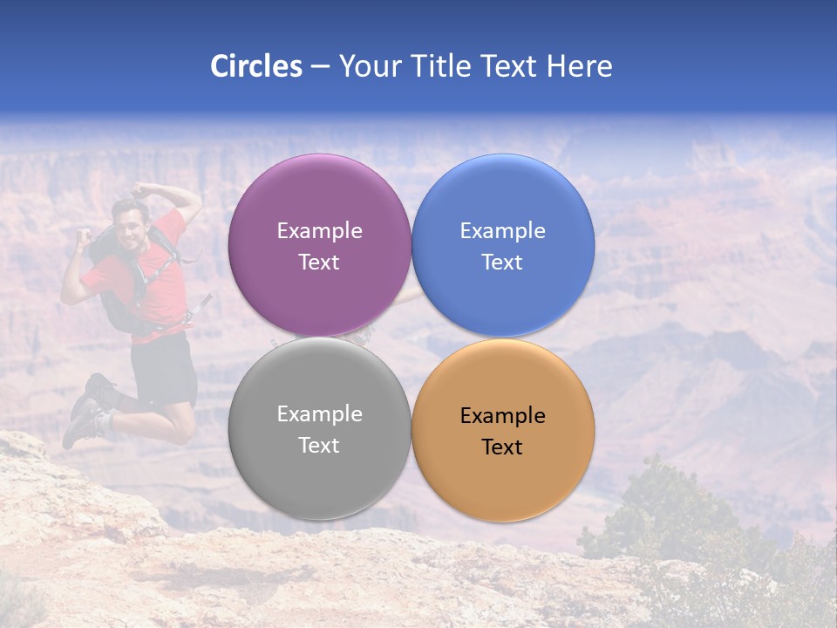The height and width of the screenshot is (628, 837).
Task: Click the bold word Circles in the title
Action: tap(255, 66)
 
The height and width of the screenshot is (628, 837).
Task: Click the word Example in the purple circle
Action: tap(319, 231)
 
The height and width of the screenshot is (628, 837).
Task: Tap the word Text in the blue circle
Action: tap(502, 263)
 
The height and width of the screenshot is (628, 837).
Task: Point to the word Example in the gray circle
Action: tap(319, 414)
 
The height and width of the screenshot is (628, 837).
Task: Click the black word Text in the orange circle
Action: tap(502, 447)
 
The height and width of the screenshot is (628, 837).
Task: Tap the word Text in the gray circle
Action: tap(319, 446)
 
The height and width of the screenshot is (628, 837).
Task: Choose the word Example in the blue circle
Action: tap(502, 231)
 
